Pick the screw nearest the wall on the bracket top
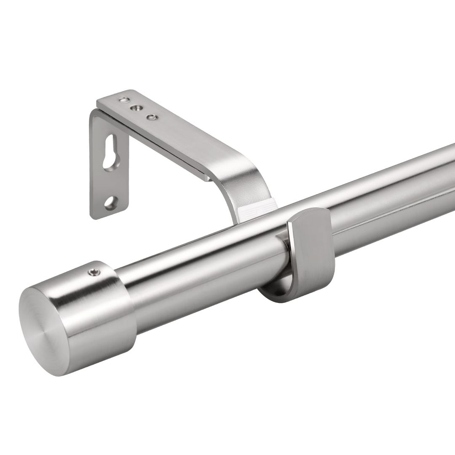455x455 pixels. tap(123, 100)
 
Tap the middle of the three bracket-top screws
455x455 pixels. tap(135, 108)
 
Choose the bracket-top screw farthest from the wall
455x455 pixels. tap(150, 118)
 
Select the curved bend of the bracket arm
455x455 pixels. tap(244, 177)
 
